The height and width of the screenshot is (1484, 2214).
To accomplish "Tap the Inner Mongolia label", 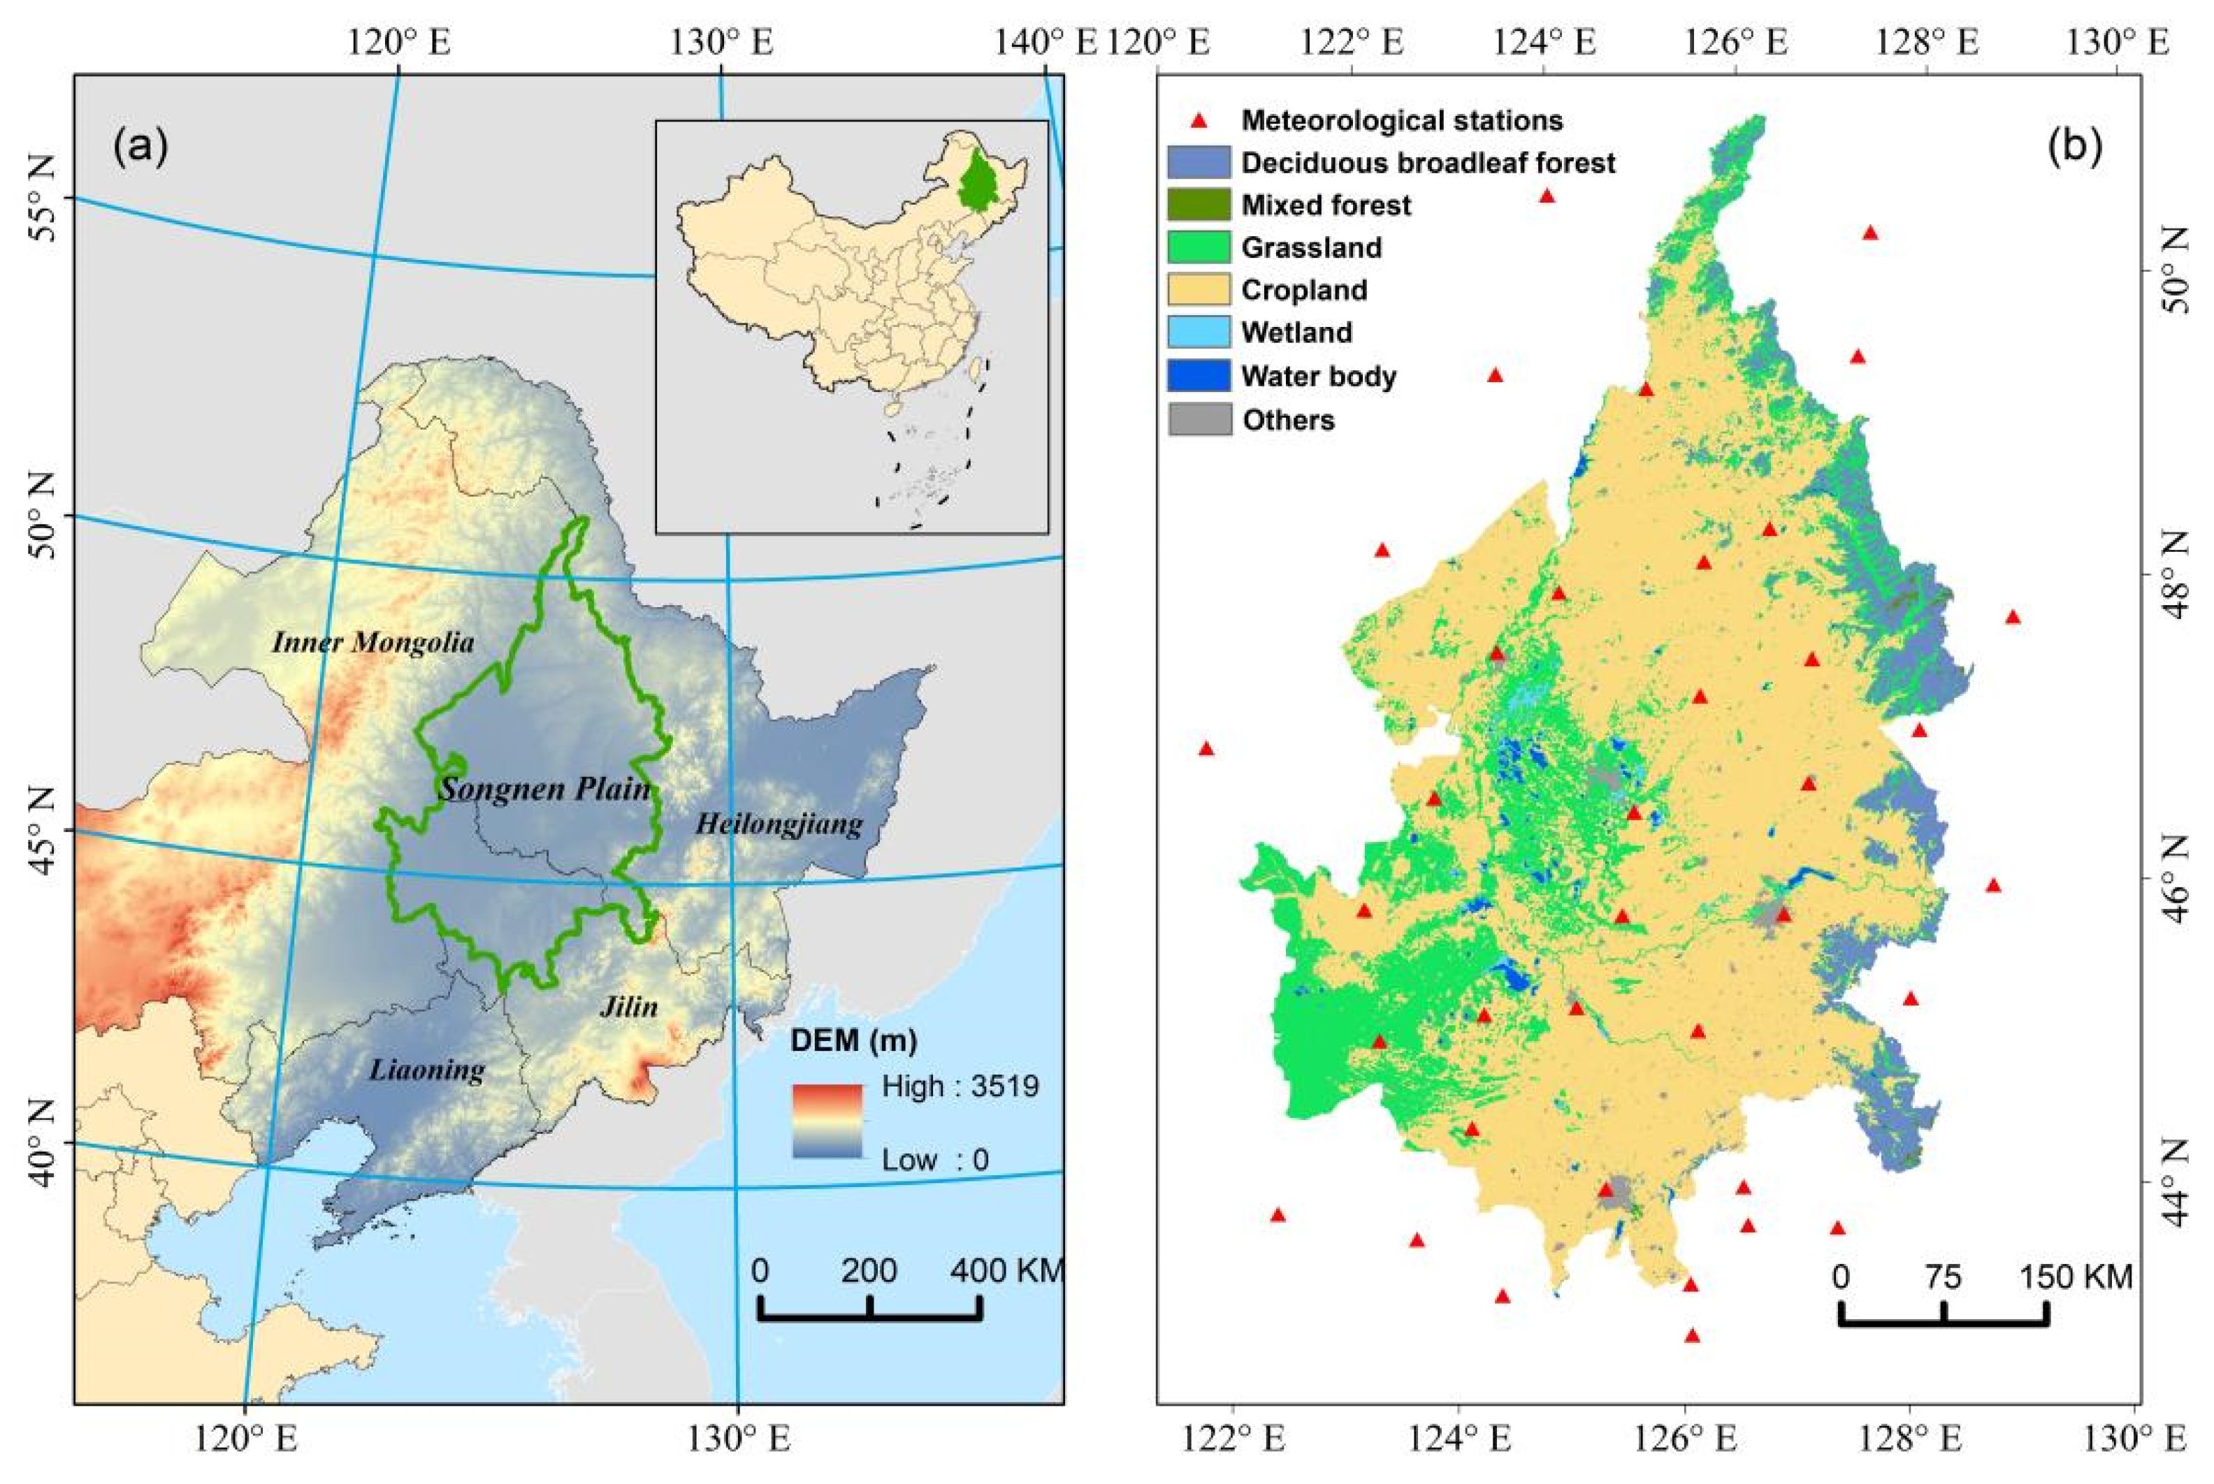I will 373,643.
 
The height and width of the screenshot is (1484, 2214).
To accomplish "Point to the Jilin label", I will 628,1006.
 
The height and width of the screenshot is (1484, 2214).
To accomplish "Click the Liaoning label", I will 427,1070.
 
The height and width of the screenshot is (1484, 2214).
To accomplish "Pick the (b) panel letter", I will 2075,147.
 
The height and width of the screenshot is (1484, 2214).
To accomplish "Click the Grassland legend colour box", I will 1199,248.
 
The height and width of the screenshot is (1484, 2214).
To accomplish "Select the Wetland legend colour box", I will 1199,332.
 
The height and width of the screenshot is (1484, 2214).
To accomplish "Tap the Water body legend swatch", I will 1199,376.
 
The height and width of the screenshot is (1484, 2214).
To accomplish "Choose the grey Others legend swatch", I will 1199,419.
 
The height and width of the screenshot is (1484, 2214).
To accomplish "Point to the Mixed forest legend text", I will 1326,205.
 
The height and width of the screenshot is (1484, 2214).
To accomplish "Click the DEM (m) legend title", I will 854,1042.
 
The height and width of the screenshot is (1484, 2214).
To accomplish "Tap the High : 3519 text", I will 960,1086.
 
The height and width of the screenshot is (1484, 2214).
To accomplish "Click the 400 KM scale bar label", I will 1007,1271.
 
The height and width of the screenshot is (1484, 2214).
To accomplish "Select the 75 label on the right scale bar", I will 1942,1278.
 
